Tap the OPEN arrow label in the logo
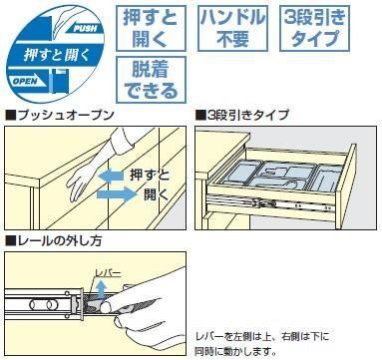coord(26,81)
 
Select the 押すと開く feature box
coord(151,28)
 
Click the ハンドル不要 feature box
coord(232,28)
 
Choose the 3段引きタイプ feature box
coord(314,28)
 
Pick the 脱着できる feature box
coord(151,80)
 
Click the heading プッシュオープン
coord(60,115)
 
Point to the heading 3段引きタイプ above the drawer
coord(242,115)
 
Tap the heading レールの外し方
coord(54,240)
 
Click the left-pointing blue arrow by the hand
coord(112,176)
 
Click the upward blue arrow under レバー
coord(102,289)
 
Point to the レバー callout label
coord(108,273)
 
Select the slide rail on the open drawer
coord(270,204)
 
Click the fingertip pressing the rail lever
coord(107,307)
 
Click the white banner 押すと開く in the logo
coord(55,55)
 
